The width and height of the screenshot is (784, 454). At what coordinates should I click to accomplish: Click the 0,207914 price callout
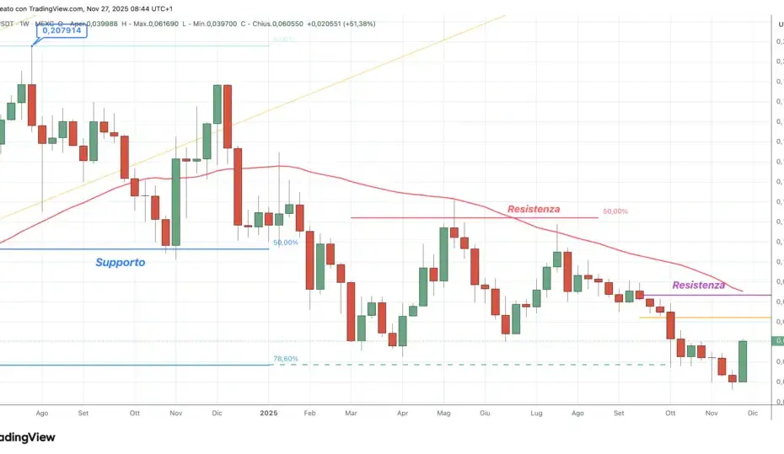point(62,31)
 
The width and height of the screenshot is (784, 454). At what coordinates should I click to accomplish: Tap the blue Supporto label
point(120,262)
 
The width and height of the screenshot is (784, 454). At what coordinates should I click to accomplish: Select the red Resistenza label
point(533,209)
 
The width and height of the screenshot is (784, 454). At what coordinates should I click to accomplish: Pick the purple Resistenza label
point(698,285)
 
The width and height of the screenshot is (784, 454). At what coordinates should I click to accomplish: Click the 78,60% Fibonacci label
point(285,359)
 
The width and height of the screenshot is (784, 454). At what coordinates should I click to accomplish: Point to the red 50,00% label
point(615,211)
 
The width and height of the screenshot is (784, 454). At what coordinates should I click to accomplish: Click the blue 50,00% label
point(286,243)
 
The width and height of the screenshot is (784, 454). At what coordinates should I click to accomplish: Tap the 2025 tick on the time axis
point(269,414)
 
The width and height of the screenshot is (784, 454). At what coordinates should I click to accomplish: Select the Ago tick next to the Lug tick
point(577,414)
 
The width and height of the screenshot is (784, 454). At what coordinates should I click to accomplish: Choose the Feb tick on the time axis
point(309,414)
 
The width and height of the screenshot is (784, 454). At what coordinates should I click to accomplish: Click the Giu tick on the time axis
point(484,414)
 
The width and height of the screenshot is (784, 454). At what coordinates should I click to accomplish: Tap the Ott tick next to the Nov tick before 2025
point(134,414)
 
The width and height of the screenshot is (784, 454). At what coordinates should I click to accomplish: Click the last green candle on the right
point(742,361)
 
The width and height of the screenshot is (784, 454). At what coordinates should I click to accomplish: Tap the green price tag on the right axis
point(777,340)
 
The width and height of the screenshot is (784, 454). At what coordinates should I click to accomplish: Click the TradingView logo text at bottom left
point(27,437)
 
